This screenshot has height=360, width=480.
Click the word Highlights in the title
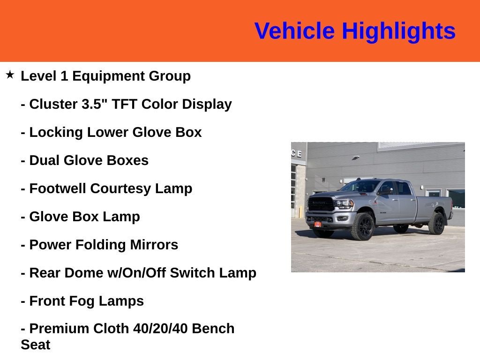[398, 31]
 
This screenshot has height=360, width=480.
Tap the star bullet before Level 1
[10, 75]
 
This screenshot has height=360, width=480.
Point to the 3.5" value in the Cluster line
[94, 104]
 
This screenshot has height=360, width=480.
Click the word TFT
[124, 104]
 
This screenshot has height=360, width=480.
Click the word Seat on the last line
[35, 345]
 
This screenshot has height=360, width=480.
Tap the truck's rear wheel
[436, 224]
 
